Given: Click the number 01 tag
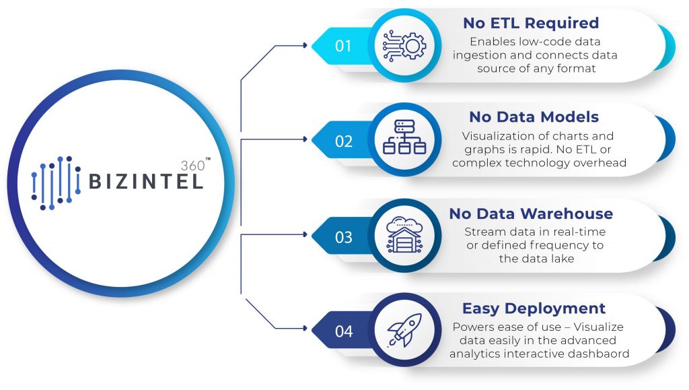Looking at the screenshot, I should (x=344, y=46).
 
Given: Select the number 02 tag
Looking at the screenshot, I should (x=344, y=141).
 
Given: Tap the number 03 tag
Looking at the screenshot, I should (x=344, y=236).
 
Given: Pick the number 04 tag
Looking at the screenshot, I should (x=344, y=331).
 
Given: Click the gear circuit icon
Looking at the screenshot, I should (x=404, y=46).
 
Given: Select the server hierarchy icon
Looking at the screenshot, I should (x=404, y=141).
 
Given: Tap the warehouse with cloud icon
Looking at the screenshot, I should (x=404, y=236).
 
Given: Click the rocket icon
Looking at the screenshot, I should (x=404, y=331).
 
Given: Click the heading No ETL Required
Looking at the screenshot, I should (x=530, y=23).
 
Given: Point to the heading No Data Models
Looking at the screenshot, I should (x=534, y=117).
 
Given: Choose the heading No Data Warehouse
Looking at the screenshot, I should (x=531, y=214).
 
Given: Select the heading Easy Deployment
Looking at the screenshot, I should (x=534, y=308).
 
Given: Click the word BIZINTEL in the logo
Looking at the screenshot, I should (x=146, y=181).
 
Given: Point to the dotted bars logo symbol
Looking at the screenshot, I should (x=57, y=183).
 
